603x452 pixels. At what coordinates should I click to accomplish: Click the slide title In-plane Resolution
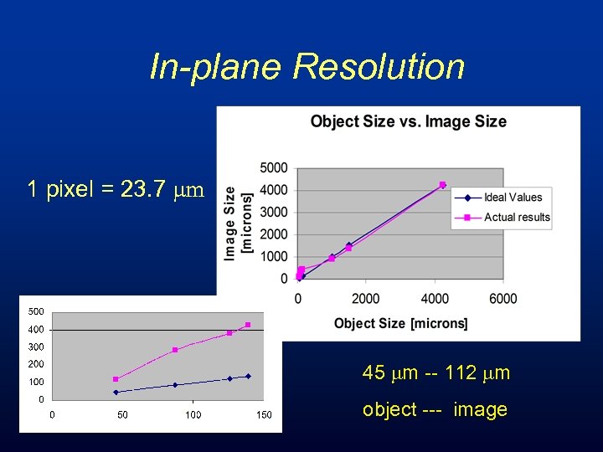pyautogui.click(x=307, y=67)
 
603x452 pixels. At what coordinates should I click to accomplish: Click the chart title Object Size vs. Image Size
pyautogui.click(x=408, y=121)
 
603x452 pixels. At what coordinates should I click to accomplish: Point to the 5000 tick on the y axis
pyautogui.click(x=273, y=168)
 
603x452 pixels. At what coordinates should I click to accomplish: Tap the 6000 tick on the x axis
pyautogui.click(x=502, y=299)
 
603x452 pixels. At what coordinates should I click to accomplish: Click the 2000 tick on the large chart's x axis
pyautogui.click(x=365, y=299)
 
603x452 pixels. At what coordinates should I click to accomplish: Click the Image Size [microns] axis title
pyautogui.click(x=237, y=222)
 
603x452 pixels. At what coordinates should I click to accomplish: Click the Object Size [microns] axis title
pyautogui.click(x=400, y=323)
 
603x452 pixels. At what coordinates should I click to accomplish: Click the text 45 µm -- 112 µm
pyautogui.click(x=435, y=373)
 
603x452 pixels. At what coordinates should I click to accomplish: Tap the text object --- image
pyautogui.click(x=435, y=409)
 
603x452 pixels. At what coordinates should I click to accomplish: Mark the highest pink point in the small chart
pyautogui.click(x=248, y=325)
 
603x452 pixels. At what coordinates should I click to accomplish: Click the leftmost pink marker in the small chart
pyautogui.click(x=116, y=379)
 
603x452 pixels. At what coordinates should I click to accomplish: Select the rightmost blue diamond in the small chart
pyautogui.click(x=248, y=376)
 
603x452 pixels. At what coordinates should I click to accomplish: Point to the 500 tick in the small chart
pyautogui.click(x=35, y=311)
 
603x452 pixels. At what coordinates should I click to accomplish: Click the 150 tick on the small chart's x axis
pyautogui.click(x=264, y=414)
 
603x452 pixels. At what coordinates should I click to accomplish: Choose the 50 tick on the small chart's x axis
pyautogui.click(x=122, y=414)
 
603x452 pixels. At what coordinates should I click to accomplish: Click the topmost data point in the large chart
pyautogui.click(x=442, y=185)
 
